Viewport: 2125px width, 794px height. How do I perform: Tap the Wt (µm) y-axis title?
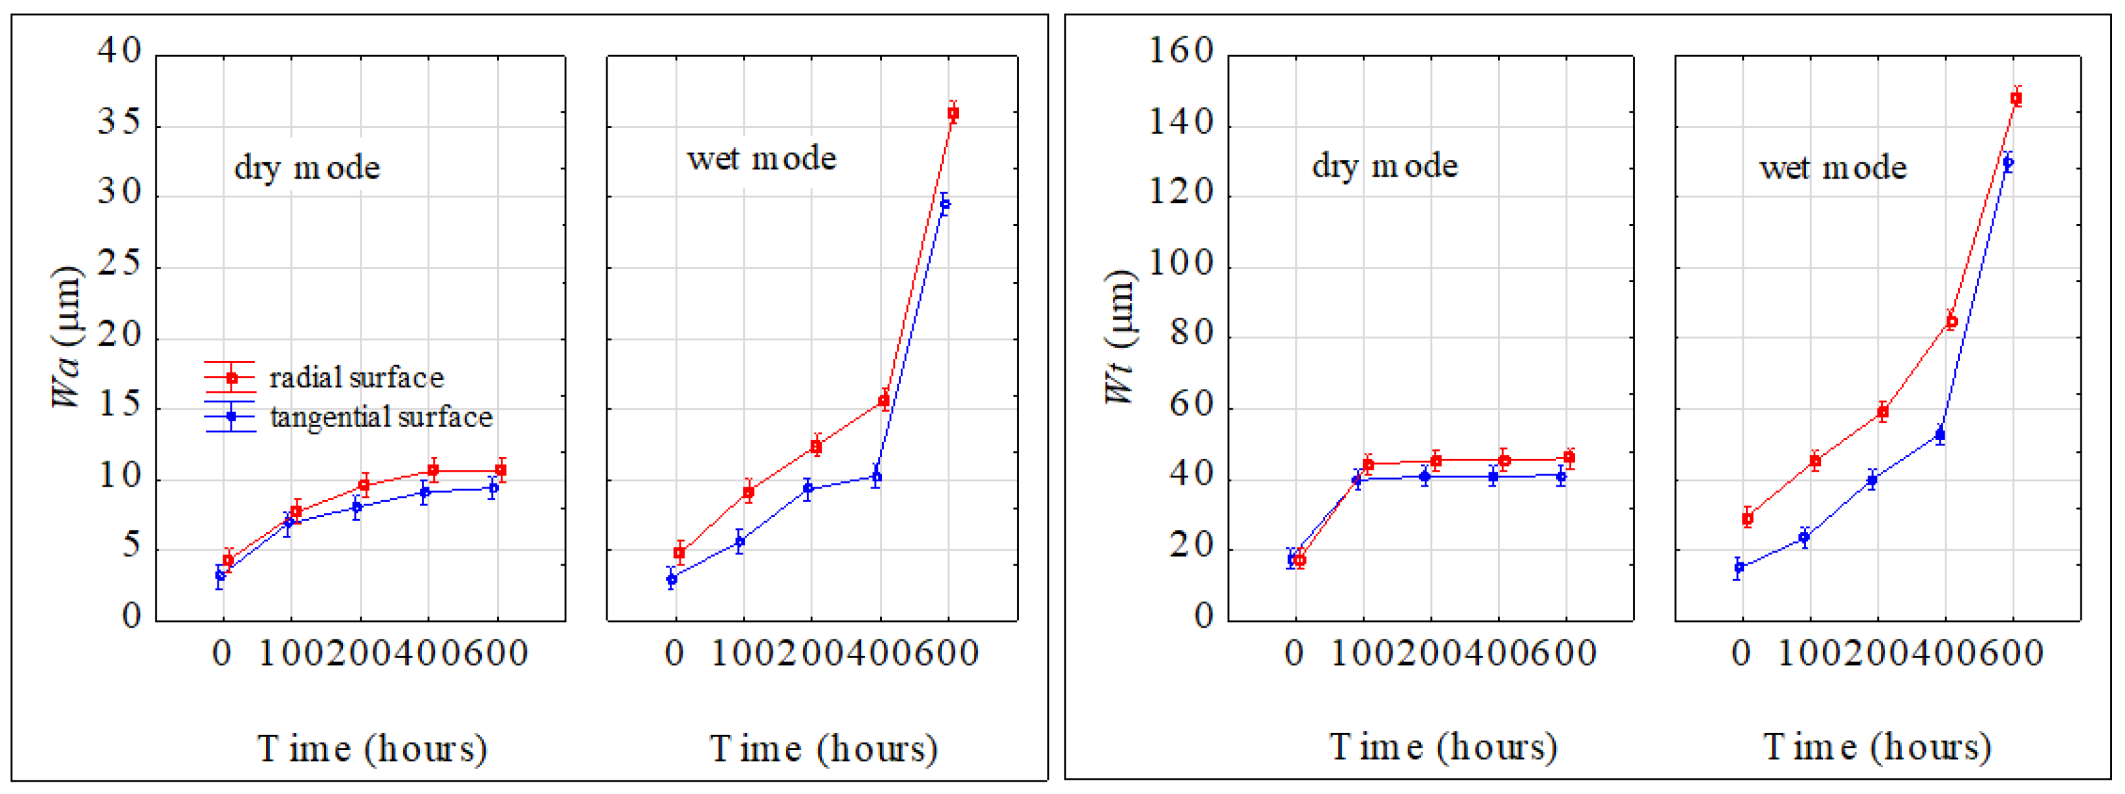pyautogui.click(x=1121, y=336)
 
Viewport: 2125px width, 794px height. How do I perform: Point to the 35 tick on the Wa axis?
pyautogui.click(x=120, y=124)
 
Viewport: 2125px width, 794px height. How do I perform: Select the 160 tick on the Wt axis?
pyautogui.click(x=1182, y=51)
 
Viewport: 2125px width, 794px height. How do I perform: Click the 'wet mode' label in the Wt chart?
pyautogui.click(x=1833, y=168)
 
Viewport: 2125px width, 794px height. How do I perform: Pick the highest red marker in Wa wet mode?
pyautogui.click(x=952, y=114)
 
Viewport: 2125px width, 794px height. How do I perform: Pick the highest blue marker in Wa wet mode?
pyautogui.click(x=945, y=204)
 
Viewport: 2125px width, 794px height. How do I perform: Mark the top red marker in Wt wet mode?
pyautogui.click(x=2016, y=99)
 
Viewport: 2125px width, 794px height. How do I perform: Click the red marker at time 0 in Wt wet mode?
pyautogui.click(x=1747, y=519)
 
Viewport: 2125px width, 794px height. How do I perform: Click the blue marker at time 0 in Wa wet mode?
pyautogui.click(x=672, y=579)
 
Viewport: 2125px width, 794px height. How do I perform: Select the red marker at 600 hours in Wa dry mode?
pyautogui.click(x=501, y=470)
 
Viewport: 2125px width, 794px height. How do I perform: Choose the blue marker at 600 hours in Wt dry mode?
pyautogui.click(x=1561, y=476)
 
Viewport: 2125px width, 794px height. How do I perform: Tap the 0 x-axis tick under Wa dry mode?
pyautogui.click(x=221, y=654)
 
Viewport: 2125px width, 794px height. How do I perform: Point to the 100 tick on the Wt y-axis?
pyautogui.click(x=1182, y=265)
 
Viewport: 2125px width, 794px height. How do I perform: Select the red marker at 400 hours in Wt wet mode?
pyautogui.click(x=1952, y=322)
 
